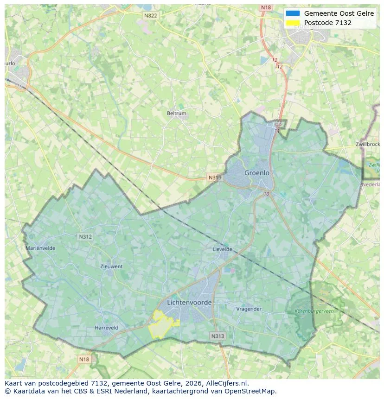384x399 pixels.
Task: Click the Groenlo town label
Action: pyautogui.click(x=257, y=173)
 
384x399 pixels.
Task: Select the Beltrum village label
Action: pyautogui.click(x=176, y=113)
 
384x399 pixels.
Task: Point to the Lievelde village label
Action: pyautogui.click(x=222, y=249)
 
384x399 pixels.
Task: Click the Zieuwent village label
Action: pyautogui.click(x=111, y=266)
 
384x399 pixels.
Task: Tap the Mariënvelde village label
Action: pyautogui.click(x=40, y=248)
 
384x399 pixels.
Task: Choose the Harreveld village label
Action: pyautogui.click(x=106, y=328)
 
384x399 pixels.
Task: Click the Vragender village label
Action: pyautogui.click(x=249, y=309)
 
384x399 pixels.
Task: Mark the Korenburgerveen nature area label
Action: pyautogui.click(x=314, y=311)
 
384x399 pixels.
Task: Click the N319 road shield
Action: pyautogui.click(x=215, y=177)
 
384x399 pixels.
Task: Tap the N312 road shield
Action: pyautogui.click(x=85, y=237)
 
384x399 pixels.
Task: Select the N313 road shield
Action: pyautogui.click(x=218, y=336)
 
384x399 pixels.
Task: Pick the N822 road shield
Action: pyautogui.click(x=150, y=15)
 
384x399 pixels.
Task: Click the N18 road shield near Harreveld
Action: pyautogui.click(x=84, y=359)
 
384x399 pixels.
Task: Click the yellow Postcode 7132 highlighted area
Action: pyautogui.click(x=160, y=326)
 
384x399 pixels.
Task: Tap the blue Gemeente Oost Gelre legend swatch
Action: pyautogui.click(x=293, y=13)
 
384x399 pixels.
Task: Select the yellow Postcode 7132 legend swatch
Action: pyautogui.click(x=293, y=23)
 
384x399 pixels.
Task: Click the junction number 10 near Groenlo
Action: pyautogui.click(x=266, y=194)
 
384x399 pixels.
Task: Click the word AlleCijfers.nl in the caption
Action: pyautogui.click(x=227, y=383)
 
